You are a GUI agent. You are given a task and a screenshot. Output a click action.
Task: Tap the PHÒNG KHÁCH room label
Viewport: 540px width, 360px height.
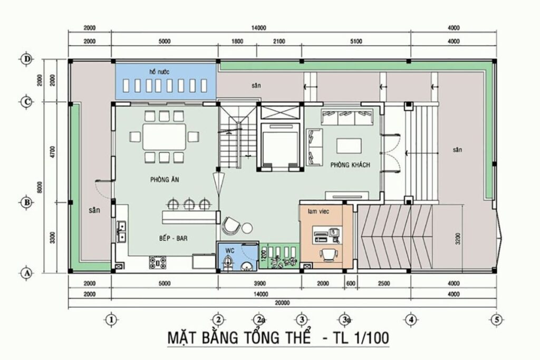pyautogui.click(x=350, y=165)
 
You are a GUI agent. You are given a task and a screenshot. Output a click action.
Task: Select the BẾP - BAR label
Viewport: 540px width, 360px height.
pyautogui.click(x=173, y=238)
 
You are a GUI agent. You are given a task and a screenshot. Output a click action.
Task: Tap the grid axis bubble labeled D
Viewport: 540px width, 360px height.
pyautogui.click(x=27, y=59)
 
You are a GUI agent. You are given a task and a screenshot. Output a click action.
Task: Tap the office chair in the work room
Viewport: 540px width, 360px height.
pyautogui.click(x=329, y=254)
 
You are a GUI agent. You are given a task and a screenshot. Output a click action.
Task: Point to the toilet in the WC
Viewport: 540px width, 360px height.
pyautogui.click(x=227, y=264)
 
